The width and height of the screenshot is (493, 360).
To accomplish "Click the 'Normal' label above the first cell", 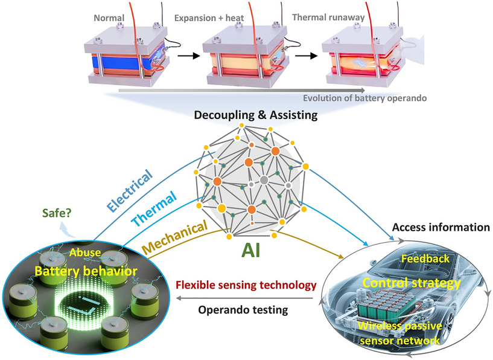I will tap(109, 18).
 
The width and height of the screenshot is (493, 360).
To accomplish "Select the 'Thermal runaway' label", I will tap(328, 18).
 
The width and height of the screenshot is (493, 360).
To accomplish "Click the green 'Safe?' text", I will tap(58, 213).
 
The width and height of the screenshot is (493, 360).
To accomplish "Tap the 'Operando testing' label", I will tap(243, 310).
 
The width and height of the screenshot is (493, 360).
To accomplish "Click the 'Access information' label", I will tap(441, 227).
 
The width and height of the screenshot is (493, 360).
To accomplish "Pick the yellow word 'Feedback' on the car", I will tap(425, 259).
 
